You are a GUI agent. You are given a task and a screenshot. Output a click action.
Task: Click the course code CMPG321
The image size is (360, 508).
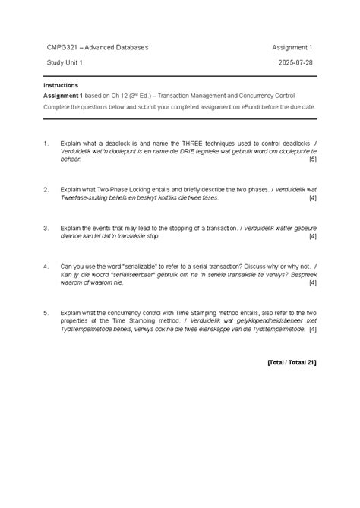61,47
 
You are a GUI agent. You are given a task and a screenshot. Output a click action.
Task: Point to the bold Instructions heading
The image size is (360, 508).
61,85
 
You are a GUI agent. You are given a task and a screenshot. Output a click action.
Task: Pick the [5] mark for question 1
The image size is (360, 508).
313,160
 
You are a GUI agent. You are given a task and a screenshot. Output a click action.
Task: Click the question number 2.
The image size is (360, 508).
46,188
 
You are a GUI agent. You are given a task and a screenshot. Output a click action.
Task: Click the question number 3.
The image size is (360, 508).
46,227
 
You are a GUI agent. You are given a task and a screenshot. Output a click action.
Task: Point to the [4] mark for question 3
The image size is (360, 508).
313,236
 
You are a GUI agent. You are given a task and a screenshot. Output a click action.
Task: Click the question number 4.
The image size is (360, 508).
46,267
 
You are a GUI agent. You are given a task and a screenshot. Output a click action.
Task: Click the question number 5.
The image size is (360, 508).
46,313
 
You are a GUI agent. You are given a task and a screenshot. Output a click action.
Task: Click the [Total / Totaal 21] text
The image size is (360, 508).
292,362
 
